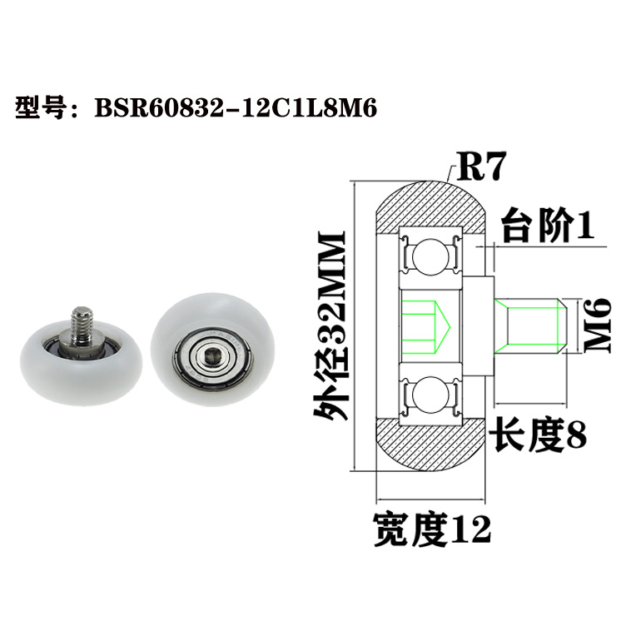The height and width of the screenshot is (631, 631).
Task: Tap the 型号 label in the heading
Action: click(40, 108)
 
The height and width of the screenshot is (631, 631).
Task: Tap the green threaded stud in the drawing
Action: click(530, 325)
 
